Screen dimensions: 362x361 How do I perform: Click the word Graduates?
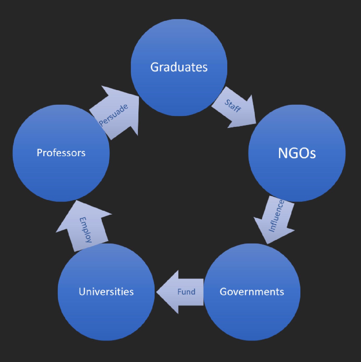pyautogui.click(x=179, y=67)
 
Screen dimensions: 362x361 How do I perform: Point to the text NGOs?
pyautogui.click(x=297, y=153)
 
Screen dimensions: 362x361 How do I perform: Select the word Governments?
pyautogui.click(x=252, y=292)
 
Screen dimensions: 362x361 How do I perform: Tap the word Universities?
pyautogui.click(x=106, y=292)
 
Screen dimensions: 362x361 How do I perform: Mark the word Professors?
pyautogui.click(x=61, y=153)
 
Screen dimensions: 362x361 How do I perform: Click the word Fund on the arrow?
pyautogui.click(x=186, y=292)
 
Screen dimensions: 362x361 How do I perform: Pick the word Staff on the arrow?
pyautogui.click(x=232, y=106)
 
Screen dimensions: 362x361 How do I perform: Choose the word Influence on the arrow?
pyautogui.click(x=276, y=216)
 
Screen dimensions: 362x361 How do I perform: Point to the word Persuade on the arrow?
pyautogui.click(x=114, y=115)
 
